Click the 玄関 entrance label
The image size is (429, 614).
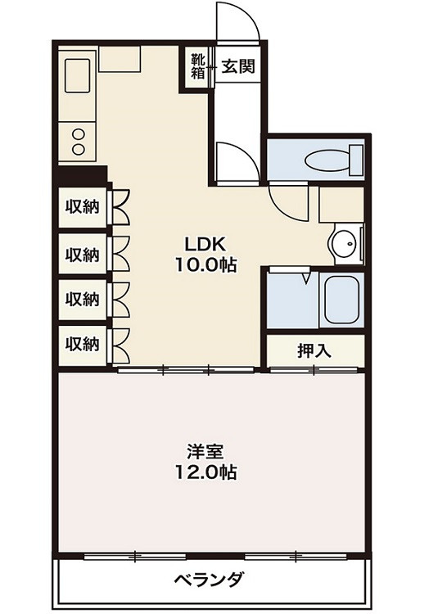click(238, 65)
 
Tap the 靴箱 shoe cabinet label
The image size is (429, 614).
click(198, 65)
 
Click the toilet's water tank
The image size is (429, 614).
click(355, 159)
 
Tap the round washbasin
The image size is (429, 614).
click(344, 242)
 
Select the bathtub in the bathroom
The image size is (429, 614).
click(343, 301)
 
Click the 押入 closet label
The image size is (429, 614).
click(314, 351)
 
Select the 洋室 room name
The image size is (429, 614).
click(205, 452)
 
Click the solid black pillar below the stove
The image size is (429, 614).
click(83, 175)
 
